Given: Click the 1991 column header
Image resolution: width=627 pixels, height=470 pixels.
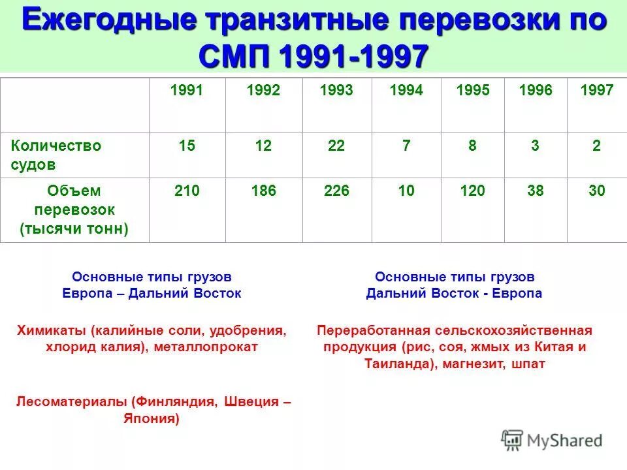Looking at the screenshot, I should [x=187, y=91].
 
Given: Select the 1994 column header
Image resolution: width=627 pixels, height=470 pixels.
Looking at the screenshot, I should [x=406, y=91].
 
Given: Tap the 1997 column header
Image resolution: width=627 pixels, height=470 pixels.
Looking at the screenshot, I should [x=596, y=91].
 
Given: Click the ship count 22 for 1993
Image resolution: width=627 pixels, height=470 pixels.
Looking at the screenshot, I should [x=336, y=146].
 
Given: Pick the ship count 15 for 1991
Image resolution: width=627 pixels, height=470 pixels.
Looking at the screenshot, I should [x=187, y=146].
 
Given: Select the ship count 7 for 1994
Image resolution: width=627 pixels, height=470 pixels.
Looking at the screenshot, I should [x=406, y=146].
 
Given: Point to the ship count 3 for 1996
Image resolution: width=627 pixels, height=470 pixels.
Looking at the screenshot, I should [x=535, y=146].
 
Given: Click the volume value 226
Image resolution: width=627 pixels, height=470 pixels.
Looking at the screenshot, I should [x=336, y=191].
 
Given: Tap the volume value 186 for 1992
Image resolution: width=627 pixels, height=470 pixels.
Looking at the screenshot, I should [x=263, y=191].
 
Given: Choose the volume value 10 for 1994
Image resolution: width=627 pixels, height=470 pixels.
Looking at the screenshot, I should [x=406, y=191].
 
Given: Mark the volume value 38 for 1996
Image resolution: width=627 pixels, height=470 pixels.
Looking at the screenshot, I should [x=535, y=191].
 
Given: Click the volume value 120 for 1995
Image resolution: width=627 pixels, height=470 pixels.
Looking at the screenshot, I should [x=472, y=191].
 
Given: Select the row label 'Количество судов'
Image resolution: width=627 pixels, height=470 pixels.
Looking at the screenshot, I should [x=56, y=155].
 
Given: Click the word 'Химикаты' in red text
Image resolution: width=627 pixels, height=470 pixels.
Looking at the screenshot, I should [x=50, y=330].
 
